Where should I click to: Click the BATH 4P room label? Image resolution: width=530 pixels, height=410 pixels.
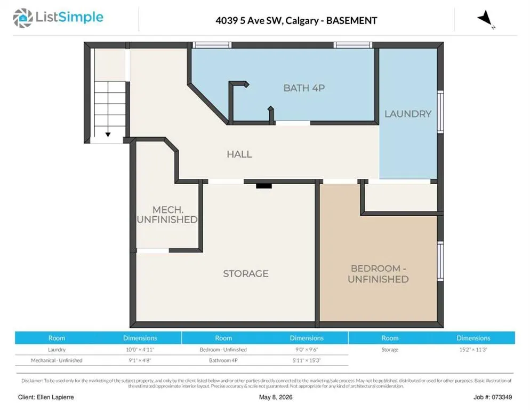[x=304, y=88]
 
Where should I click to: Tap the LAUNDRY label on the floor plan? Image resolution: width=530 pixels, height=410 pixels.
[x=408, y=114]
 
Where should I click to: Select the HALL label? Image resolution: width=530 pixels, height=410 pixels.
[x=239, y=154]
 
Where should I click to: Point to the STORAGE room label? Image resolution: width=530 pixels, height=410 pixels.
[x=246, y=273]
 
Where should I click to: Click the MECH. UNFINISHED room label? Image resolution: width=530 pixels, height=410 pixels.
[x=167, y=215]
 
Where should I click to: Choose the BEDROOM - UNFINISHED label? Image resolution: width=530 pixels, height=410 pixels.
[x=378, y=273]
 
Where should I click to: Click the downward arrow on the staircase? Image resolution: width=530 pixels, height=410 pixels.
[x=108, y=135]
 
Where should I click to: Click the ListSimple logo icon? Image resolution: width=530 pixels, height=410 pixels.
[x=22, y=18]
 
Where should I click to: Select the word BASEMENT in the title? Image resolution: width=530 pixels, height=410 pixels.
[x=351, y=21]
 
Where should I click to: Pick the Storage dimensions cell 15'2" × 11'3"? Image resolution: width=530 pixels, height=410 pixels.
[x=473, y=349]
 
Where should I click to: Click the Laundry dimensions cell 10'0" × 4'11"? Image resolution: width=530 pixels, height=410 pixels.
[x=140, y=349]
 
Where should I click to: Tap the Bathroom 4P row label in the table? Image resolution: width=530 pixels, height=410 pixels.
[x=223, y=360]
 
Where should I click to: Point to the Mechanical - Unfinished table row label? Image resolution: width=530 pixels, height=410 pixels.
[x=57, y=360]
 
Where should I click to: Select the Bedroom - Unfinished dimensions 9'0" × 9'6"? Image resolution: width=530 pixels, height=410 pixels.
[x=307, y=349]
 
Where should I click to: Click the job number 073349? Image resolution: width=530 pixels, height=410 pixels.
[x=502, y=397]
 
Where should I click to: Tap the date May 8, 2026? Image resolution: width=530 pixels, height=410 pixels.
[x=276, y=397]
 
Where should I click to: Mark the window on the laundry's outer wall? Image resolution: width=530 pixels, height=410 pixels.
[x=440, y=112]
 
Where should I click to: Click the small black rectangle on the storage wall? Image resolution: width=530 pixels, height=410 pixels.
[x=263, y=186]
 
